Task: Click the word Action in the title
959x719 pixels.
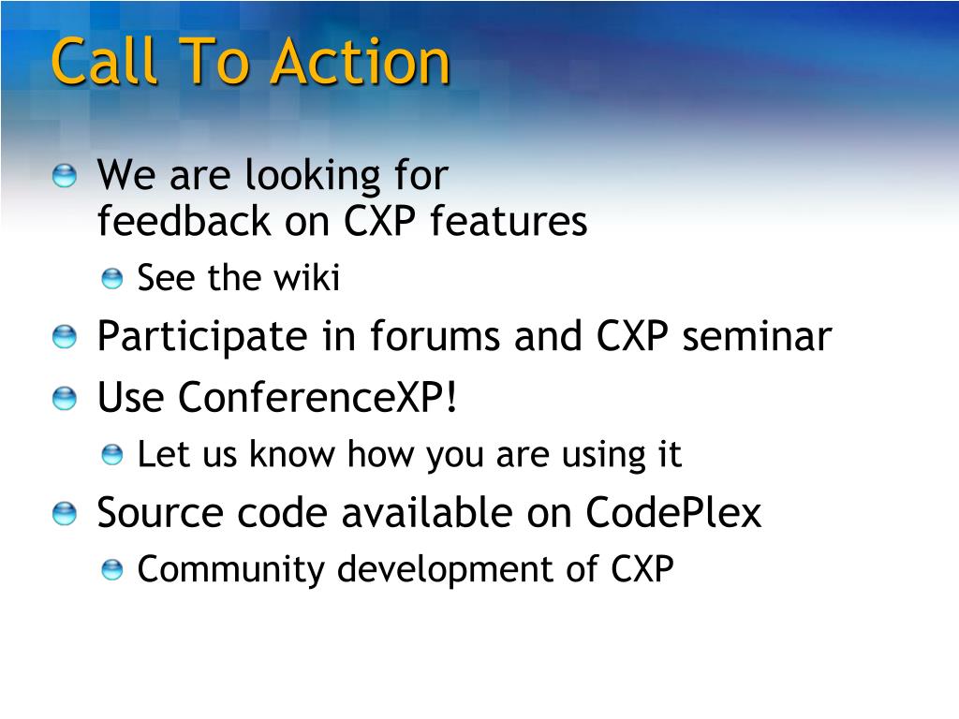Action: (x=361, y=61)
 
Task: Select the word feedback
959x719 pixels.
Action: (x=184, y=220)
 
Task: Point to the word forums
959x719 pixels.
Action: (x=435, y=336)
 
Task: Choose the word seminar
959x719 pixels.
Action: (x=757, y=336)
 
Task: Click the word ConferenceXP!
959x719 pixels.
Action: (x=317, y=397)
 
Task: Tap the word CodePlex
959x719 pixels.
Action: (x=673, y=512)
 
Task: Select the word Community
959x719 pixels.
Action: (x=230, y=569)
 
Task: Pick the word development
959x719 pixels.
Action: (x=445, y=569)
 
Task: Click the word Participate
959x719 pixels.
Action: (x=202, y=337)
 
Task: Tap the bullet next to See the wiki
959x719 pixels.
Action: (x=112, y=279)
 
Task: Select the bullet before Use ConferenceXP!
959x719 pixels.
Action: (x=65, y=398)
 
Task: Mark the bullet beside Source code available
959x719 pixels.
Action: (x=65, y=513)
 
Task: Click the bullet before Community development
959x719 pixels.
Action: (x=112, y=570)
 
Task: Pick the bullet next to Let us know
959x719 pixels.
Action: (x=112, y=455)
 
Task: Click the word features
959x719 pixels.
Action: (x=509, y=220)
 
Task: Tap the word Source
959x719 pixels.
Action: (x=159, y=512)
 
